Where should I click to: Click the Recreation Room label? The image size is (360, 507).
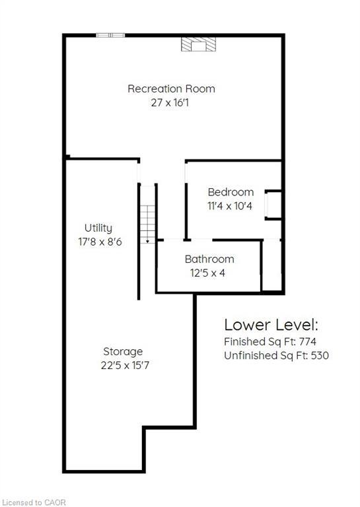[x=171, y=88]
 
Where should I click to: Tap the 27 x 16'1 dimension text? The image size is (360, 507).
[x=170, y=103]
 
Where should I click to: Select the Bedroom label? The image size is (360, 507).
[x=231, y=192]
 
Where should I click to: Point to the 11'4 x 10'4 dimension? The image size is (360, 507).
[x=230, y=206]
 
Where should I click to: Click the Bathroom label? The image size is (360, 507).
[x=209, y=259]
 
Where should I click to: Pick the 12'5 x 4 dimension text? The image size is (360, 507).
[x=207, y=273]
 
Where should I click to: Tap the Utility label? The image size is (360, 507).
[x=98, y=228]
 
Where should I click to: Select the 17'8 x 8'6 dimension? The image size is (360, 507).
[x=100, y=242]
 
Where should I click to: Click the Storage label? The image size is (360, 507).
[x=123, y=352]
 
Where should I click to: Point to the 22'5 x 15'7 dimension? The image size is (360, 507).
[x=125, y=365]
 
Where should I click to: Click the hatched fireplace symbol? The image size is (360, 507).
[x=198, y=44]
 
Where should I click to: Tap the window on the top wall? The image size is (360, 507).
[x=110, y=35]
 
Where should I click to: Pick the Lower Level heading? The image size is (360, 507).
[x=271, y=325]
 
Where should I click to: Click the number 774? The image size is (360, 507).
[x=308, y=341]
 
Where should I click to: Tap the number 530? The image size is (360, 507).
[x=320, y=356]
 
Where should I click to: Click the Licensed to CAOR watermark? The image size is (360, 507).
[x=34, y=502]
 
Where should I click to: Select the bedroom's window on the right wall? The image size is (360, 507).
[x=266, y=205]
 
